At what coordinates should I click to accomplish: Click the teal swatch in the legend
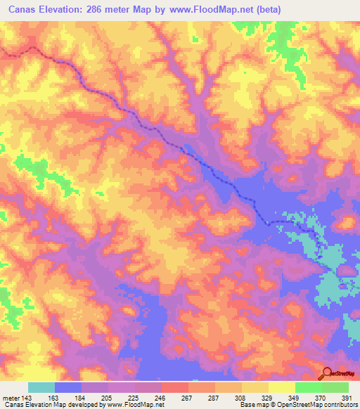click(x=41, y=387)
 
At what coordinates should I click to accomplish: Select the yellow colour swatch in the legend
click(x=282, y=387)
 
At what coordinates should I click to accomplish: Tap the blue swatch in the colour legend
click(x=68, y=387)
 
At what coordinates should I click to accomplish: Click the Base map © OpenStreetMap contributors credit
click(x=298, y=405)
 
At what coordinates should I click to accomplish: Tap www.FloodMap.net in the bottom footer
click(x=131, y=405)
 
